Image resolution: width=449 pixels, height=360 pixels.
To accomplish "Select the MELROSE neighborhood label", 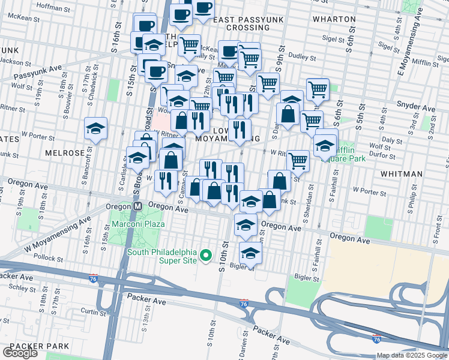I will pos(65,153).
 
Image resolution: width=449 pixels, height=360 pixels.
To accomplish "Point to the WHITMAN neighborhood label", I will pos(405,173).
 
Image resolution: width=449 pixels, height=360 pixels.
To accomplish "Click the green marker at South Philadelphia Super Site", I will pos(206,256).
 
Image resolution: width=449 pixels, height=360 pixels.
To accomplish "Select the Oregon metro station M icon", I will pos(137,206).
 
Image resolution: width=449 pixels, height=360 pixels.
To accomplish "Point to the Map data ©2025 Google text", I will pos(412,355).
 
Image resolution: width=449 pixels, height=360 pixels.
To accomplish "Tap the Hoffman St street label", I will pos(55,5).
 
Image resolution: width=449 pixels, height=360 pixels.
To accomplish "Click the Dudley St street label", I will pos(304,58).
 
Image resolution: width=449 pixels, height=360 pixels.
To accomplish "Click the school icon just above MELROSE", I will pos(95,129).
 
